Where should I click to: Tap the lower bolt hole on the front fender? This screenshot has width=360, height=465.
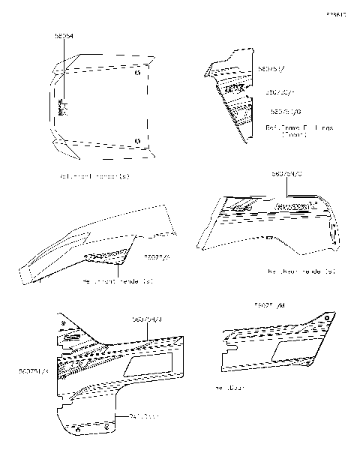136,140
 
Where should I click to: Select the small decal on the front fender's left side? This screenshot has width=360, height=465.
63,109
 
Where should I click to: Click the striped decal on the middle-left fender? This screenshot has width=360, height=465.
105,257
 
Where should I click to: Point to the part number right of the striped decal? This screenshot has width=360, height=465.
157,256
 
